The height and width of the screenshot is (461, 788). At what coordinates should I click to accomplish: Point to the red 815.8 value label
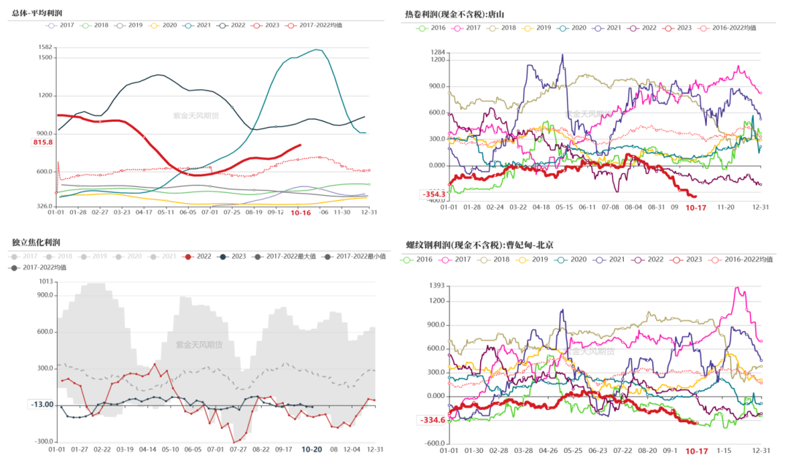[x=43, y=142]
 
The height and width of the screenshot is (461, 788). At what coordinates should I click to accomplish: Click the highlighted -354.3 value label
[x=432, y=194]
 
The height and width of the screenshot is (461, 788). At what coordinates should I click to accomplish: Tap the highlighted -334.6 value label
[x=432, y=420]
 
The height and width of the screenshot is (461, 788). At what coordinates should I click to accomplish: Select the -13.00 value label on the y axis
[x=42, y=405]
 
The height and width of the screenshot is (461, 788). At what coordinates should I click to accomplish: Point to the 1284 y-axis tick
[x=437, y=53]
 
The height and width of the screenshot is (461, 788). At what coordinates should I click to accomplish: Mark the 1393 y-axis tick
[x=437, y=285]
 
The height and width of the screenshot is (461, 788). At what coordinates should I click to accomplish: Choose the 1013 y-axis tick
[x=46, y=281]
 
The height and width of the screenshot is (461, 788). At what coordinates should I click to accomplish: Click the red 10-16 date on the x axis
[x=301, y=213]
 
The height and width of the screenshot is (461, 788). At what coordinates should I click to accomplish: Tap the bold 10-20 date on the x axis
[x=312, y=450]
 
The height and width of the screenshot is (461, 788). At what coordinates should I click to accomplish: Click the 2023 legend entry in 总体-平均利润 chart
[x=266, y=25]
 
